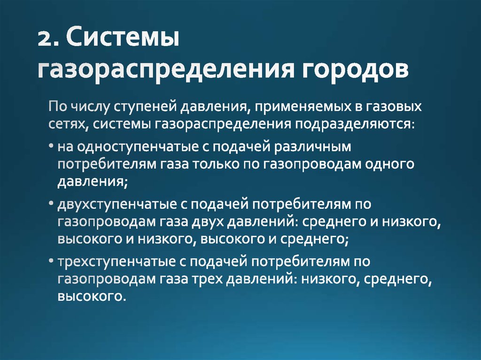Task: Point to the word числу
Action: pyautogui.click(x=91, y=107)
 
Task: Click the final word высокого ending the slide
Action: pyautogui.click(x=90, y=297)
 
